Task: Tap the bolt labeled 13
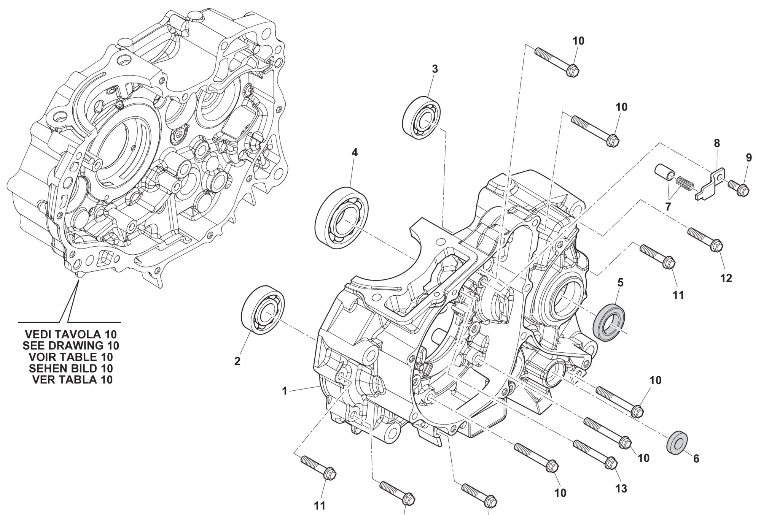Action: (x=595, y=453)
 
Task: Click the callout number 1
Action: (x=284, y=391)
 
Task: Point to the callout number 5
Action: (x=621, y=282)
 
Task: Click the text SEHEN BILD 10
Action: (x=71, y=368)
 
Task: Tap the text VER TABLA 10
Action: (x=72, y=380)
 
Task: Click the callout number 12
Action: (x=726, y=278)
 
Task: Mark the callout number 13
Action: (x=621, y=488)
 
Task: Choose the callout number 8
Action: (x=717, y=143)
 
